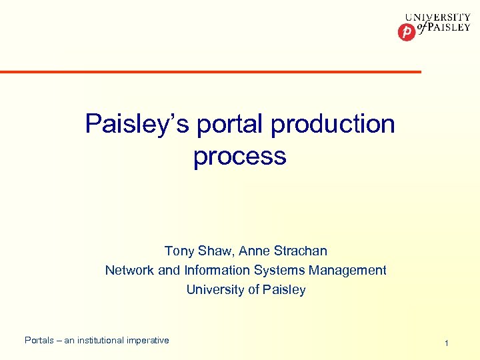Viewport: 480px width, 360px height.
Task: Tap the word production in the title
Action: pyautogui.click(x=331, y=124)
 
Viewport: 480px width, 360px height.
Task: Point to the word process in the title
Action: pyautogui.click(x=239, y=156)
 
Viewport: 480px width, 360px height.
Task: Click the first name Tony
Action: pyautogui.click(x=179, y=251)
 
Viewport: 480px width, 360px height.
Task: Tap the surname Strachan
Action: pyautogui.click(x=301, y=251)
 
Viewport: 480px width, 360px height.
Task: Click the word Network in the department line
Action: pyautogui.click(x=129, y=271)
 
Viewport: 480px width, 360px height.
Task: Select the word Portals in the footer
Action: pyautogui.click(x=39, y=341)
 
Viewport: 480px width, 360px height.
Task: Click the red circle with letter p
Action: pyautogui.click(x=406, y=32)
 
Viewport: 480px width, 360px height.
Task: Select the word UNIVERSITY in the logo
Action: pyautogui.click(x=438, y=18)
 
